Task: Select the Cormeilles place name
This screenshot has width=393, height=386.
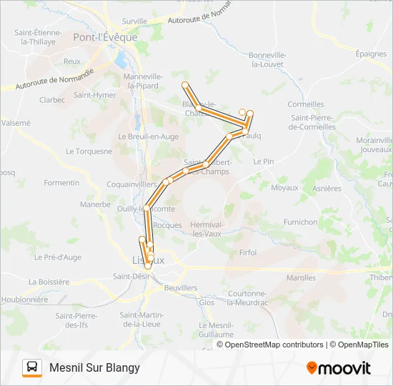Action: click(x=306, y=104)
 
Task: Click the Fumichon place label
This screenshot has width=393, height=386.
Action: click(x=300, y=222)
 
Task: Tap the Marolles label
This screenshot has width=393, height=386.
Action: click(x=301, y=278)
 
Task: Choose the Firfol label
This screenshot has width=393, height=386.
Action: click(x=248, y=252)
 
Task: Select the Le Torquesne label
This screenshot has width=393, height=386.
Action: click(x=89, y=152)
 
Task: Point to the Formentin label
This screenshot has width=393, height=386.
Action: click(x=61, y=183)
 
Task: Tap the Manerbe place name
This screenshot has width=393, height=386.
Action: click(x=95, y=204)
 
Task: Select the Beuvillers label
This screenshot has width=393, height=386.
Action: click(x=180, y=287)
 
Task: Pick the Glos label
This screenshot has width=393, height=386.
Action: click(x=207, y=302)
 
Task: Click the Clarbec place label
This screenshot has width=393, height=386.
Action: click(x=52, y=100)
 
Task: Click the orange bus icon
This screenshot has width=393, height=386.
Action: click(x=32, y=367)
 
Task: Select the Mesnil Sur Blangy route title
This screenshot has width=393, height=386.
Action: click(x=94, y=367)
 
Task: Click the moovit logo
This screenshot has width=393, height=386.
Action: click(x=339, y=367)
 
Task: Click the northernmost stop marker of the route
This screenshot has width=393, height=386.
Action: click(x=185, y=85)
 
